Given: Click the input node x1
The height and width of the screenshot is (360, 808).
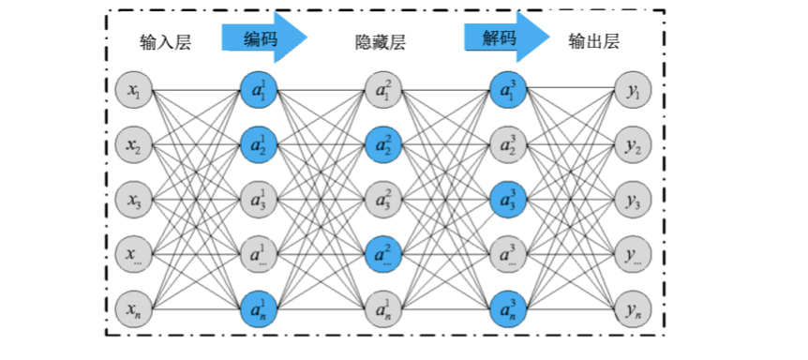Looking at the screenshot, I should [x=133, y=91].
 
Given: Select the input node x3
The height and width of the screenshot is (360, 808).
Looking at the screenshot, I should [x=133, y=200].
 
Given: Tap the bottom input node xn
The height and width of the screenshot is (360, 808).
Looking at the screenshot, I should [x=133, y=307].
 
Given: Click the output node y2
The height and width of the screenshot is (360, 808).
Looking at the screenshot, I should [x=631, y=145].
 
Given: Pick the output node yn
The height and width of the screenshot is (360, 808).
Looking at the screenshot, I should [x=631, y=307].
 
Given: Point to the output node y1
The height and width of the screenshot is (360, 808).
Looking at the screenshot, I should [x=631, y=91].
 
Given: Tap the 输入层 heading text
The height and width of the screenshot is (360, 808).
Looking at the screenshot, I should [x=165, y=42].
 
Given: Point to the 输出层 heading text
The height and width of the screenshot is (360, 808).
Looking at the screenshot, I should [x=594, y=41].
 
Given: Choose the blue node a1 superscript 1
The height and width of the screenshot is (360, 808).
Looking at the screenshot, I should [x=258, y=91].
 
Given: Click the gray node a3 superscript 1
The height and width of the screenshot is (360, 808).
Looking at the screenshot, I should [x=258, y=200].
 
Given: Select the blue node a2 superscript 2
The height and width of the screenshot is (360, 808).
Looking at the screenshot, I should [x=382, y=145].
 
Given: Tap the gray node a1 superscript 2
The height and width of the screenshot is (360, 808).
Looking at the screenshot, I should [x=382, y=91].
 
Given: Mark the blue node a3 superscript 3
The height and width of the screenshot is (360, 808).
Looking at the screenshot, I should [x=507, y=200].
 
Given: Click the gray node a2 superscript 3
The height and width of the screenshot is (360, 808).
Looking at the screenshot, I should [x=507, y=145].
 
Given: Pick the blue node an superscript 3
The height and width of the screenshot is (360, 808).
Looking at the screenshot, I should [x=507, y=307].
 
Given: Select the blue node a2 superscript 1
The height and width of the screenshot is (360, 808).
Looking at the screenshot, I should [x=258, y=145].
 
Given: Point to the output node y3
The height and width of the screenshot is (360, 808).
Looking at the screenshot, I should [x=631, y=200].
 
